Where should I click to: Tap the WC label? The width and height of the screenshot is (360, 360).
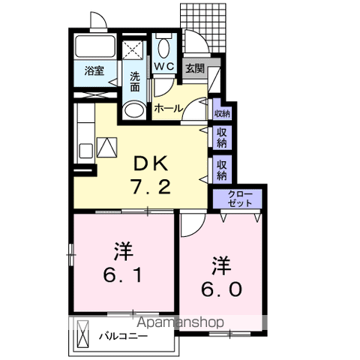164,66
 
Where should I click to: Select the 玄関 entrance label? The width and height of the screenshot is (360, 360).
194,67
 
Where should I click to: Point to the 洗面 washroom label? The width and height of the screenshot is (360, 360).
134,81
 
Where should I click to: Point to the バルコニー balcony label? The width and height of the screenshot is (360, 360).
123,335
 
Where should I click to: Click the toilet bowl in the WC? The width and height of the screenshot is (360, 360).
164,47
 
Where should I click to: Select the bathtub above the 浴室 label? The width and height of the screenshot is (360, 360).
94,46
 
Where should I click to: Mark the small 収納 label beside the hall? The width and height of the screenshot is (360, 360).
221,113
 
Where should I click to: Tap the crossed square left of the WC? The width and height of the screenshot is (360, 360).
134,49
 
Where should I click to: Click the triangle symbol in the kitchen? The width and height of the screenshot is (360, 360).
105,146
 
